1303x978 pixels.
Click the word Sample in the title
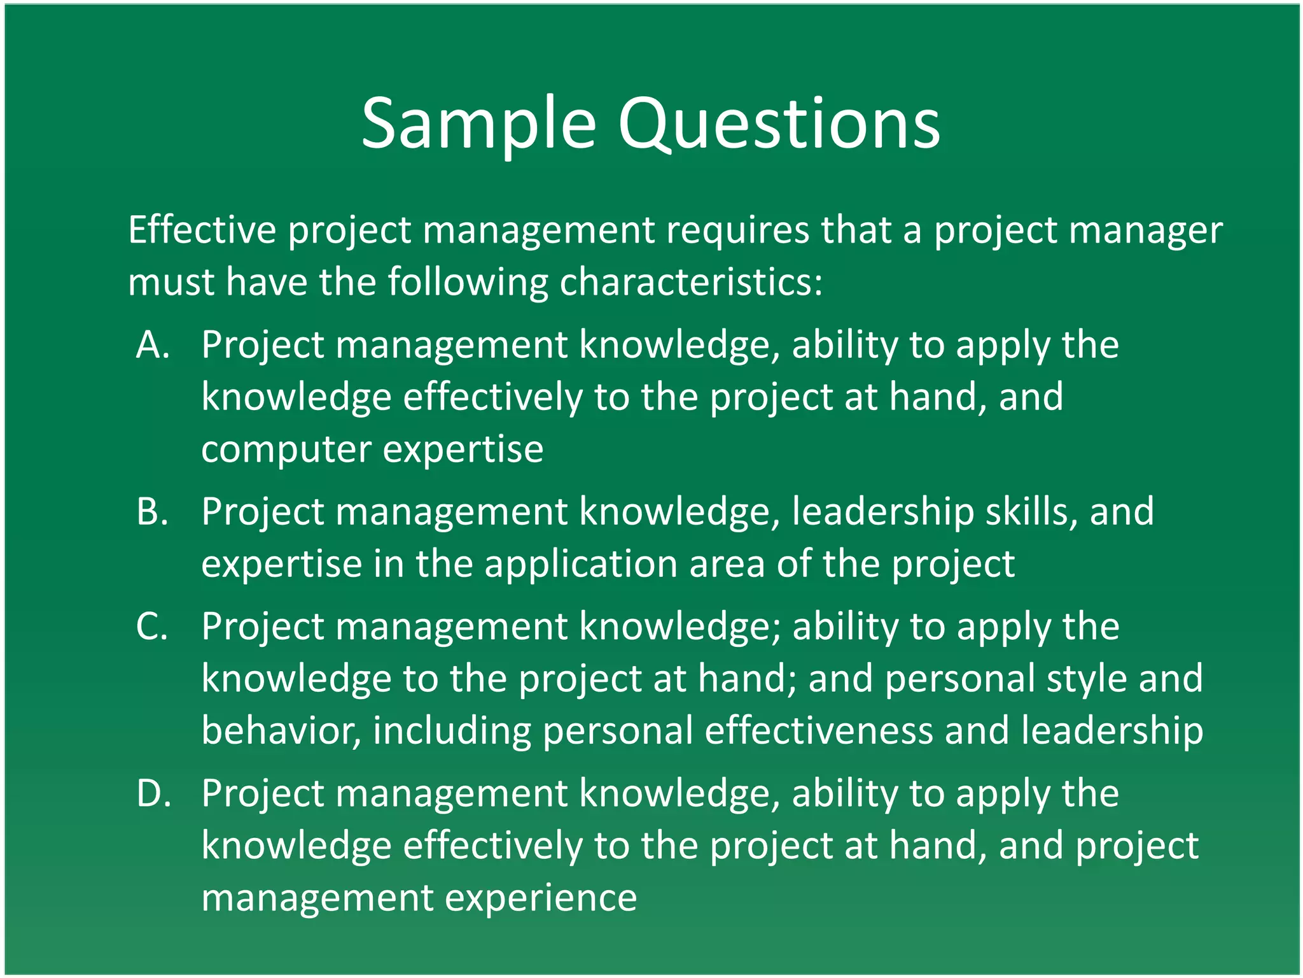478,124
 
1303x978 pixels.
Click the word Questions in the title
779,124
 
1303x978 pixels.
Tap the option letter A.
153,345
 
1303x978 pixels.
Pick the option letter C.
153,627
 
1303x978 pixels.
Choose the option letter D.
153,794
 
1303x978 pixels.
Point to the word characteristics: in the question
691,281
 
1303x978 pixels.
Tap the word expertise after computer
463,450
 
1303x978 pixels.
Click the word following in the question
468,281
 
